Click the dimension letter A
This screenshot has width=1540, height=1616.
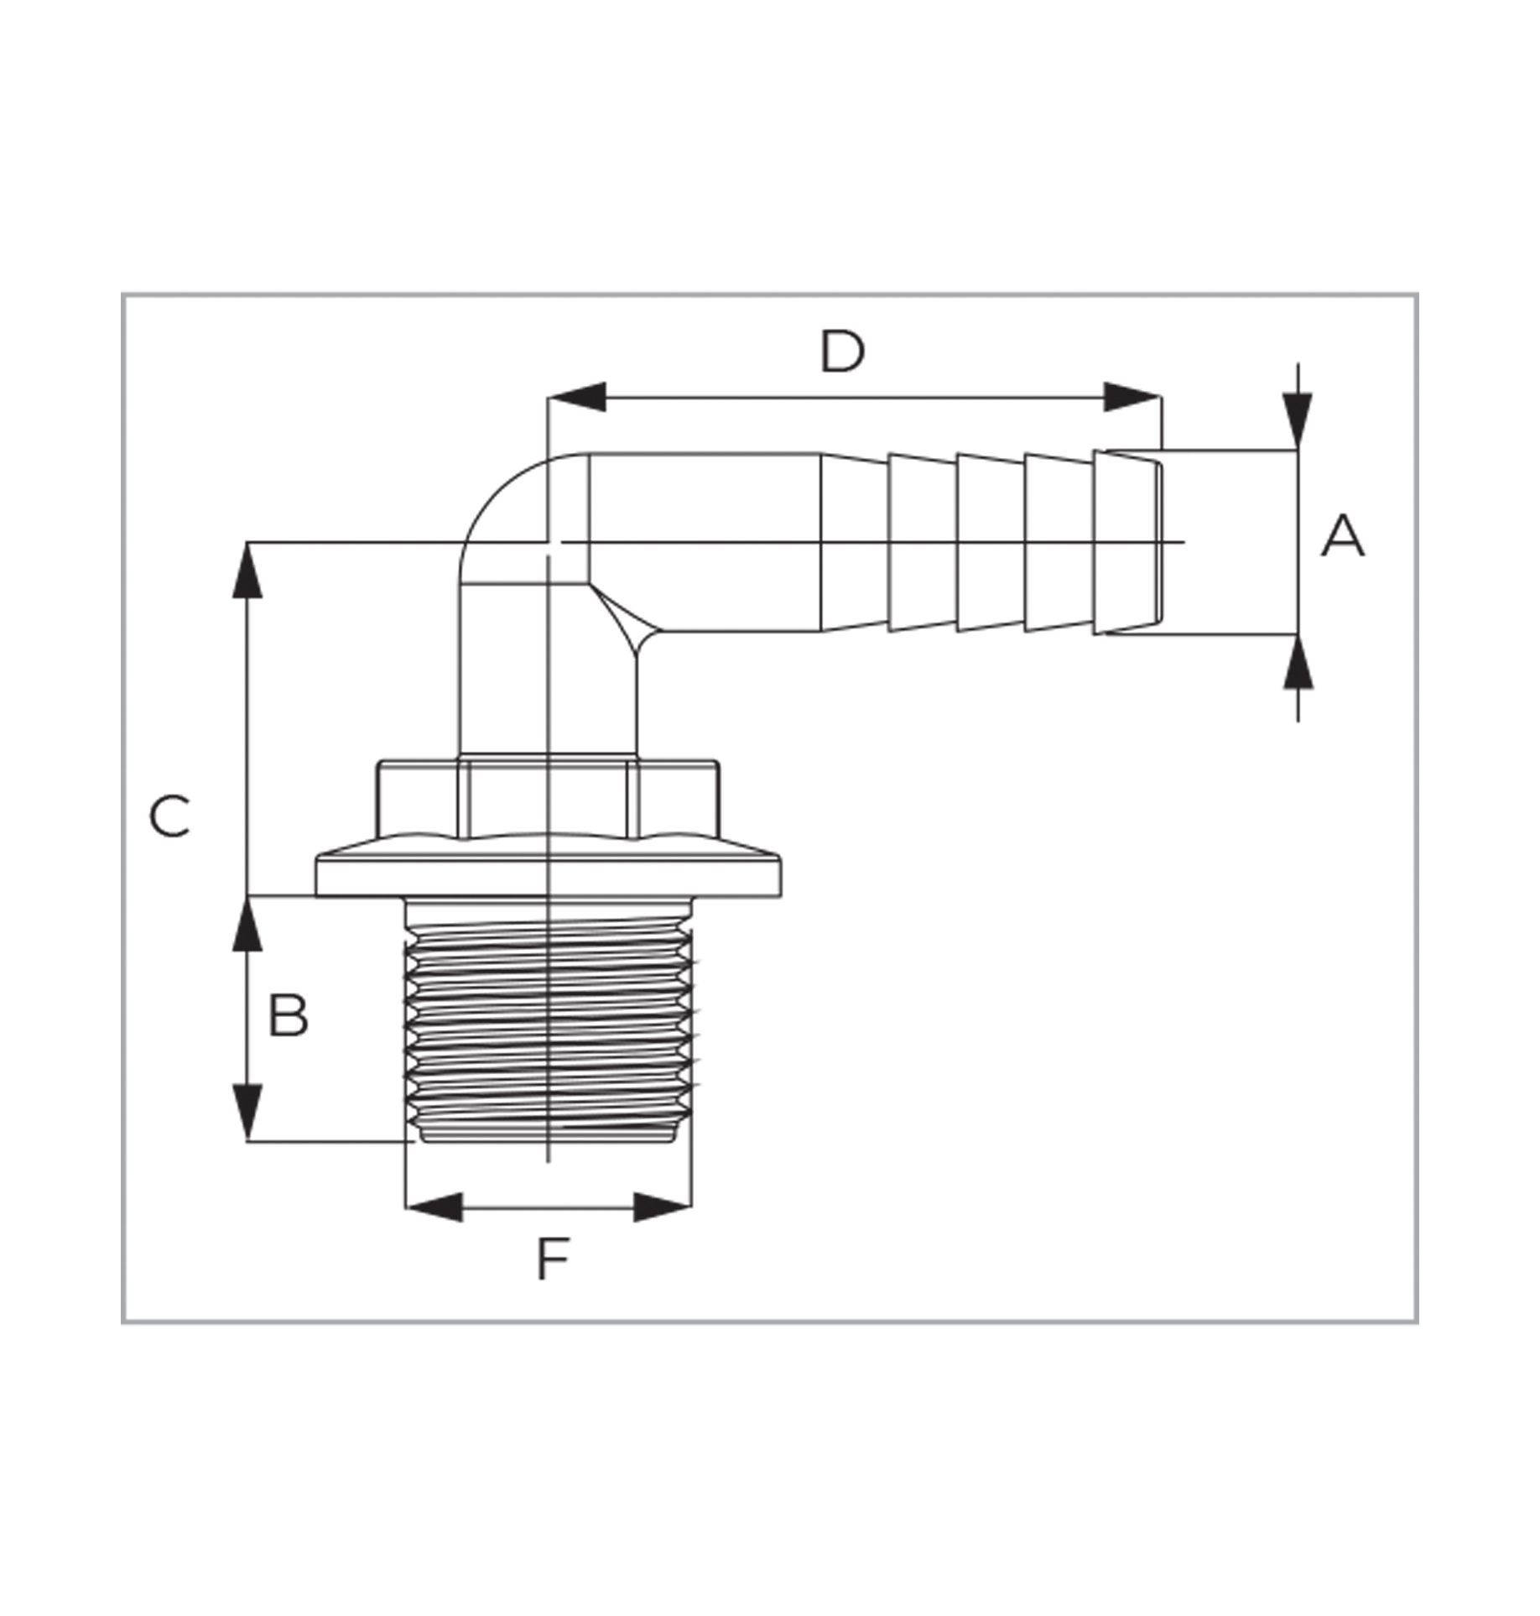click(1342, 536)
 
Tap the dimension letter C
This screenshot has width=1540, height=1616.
click(169, 816)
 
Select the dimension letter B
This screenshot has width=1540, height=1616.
click(289, 1015)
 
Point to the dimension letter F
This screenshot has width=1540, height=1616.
click(553, 1259)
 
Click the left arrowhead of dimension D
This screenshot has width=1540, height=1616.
click(576, 397)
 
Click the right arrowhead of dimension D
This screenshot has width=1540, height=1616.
click(1132, 397)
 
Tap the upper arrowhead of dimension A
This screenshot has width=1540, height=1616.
click(1298, 420)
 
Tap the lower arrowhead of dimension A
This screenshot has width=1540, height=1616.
click(1298, 662)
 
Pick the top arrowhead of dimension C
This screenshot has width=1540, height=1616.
click(247, 571)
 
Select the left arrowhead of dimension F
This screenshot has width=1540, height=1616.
click(434, 1207)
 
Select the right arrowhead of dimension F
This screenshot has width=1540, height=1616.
click(662, 1207)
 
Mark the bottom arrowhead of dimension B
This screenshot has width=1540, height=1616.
click(247, 1113)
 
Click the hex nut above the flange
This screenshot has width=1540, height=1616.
click(547, 799)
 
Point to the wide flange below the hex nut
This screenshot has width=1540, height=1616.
click(549, 867)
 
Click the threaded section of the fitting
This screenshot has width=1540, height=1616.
click(549, 1020)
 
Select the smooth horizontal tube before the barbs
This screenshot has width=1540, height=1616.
click(705, 542)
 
